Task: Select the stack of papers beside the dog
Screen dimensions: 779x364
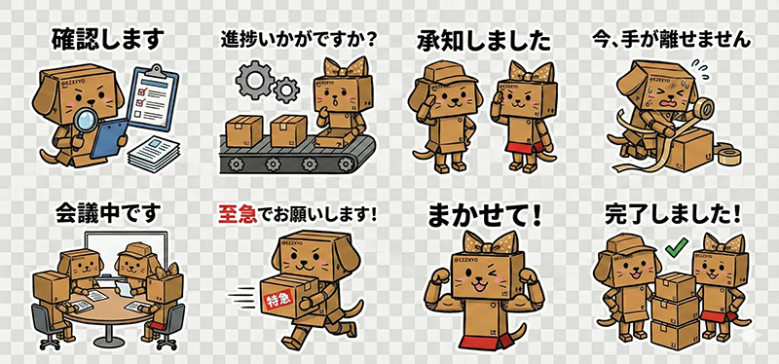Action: click(154, 153)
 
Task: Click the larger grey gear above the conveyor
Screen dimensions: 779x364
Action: click(253, 80)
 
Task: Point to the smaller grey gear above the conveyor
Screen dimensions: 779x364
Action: click(286, 90)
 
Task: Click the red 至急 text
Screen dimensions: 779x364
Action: click(238, 215)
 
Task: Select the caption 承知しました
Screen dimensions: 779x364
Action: click(484, 42)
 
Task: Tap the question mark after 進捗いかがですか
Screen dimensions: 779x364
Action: click(368, 41)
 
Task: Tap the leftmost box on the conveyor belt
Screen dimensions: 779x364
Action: click(244, 131)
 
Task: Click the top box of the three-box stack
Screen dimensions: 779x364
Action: click(675, 286)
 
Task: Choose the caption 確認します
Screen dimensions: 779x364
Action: click(107, 40)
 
